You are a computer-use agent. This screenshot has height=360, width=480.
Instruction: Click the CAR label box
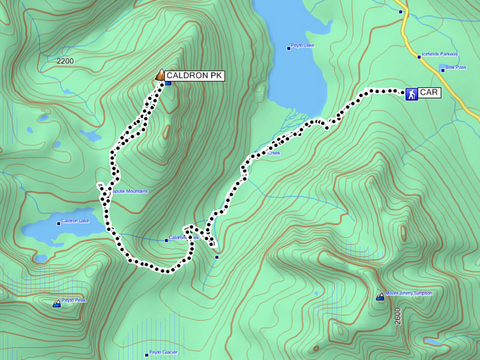click(430, 93)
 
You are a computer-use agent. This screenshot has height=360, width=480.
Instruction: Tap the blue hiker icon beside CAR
click(412, 94)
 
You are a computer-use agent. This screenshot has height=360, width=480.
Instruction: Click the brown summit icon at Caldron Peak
click(160, 75)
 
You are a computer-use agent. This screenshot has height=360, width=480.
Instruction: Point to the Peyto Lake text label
click(302, 46)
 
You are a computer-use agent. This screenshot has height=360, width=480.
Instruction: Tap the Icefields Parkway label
click(440, 53)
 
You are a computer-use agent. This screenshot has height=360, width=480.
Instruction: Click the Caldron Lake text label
click(75, 221)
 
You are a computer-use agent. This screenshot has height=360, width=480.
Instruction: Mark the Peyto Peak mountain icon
click(56, 304)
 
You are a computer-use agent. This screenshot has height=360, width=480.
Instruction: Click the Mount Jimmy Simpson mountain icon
click(380, 296)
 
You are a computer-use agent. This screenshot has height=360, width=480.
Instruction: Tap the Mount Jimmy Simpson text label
click(409, 293)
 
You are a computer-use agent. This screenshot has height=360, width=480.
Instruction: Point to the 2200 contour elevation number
click(65, 61)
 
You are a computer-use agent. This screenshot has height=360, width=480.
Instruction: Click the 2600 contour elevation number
click(398, 316)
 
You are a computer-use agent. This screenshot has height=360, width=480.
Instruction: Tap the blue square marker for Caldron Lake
click(59, 222)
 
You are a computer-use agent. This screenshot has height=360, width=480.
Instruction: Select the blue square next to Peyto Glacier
click(146, 353)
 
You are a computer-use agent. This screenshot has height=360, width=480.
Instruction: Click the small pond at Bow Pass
click(443, 66)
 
